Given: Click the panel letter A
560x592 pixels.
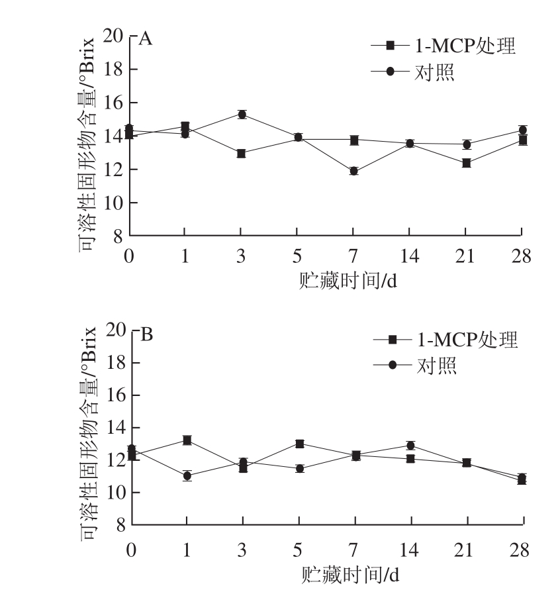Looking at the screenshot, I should tap(146, 39).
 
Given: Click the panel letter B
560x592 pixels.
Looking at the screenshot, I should tap(147, 334).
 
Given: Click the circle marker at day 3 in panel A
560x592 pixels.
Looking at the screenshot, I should tap(242, 115).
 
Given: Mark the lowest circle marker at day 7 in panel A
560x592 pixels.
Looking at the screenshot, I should tap(353, 171).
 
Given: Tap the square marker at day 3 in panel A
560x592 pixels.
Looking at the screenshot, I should tap(242, 154).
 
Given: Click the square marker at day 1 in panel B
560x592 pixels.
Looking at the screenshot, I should tap(187, 440).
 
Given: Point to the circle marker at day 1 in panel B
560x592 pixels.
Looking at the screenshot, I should tap(187, 475).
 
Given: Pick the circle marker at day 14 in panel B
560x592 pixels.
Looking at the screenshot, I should tap(410, 446).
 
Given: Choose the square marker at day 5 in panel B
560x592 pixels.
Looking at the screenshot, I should tap(299, 444).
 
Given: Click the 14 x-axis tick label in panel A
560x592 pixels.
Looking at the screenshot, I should tap(409, 256).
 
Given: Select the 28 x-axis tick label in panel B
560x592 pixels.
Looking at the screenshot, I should tap(521, 550).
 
